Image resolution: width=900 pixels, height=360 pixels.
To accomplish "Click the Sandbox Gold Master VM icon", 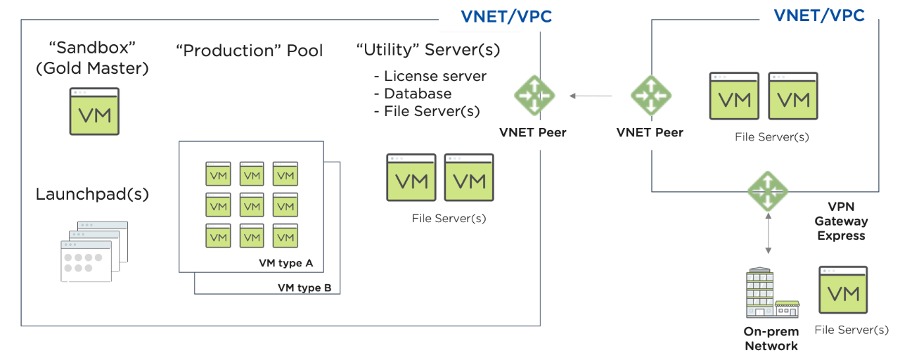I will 94,111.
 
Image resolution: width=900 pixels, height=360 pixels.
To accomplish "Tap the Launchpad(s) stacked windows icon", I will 94,251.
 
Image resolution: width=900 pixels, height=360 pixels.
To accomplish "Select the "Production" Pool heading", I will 250,51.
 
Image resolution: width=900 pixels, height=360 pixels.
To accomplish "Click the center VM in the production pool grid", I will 252,205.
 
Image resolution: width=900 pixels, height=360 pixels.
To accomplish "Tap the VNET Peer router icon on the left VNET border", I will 534,95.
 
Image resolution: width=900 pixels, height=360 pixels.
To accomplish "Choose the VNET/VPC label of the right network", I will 819,15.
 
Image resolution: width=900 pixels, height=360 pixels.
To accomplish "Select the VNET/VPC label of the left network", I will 506,17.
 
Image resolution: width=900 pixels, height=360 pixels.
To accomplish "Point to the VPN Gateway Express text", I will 841,221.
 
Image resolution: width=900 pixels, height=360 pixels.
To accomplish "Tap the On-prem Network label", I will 771,339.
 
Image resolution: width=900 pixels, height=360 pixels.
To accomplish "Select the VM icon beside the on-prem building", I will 843,290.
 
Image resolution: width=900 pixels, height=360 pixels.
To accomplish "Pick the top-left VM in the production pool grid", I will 218,174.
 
